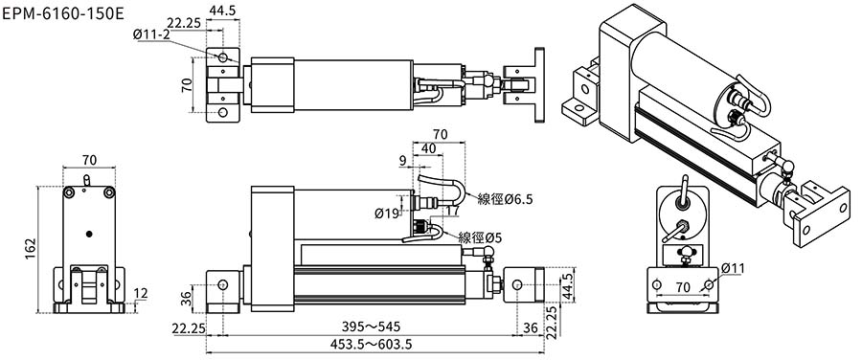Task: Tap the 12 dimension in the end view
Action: pos(141,294)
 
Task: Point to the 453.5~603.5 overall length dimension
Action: pos(371,345)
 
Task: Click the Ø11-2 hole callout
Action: pos(151,34)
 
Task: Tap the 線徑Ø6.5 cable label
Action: pos(505,199)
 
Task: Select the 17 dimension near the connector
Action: pos(453,210)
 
